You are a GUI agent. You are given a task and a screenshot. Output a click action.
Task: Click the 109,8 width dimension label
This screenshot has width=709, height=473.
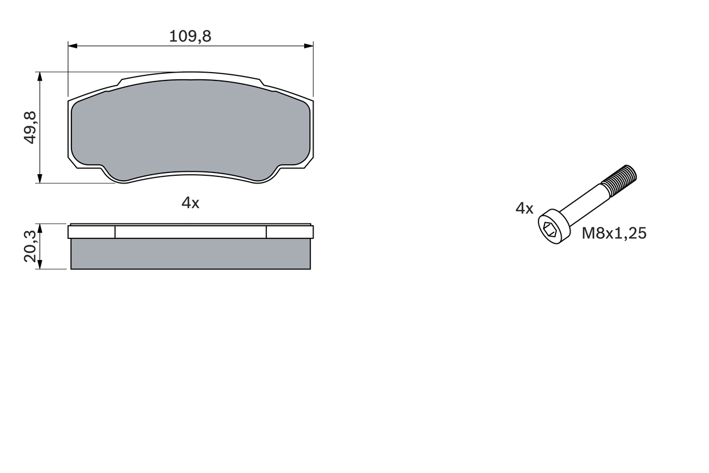point(190,37)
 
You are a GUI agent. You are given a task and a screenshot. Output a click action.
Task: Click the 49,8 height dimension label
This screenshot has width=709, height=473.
point(29,128)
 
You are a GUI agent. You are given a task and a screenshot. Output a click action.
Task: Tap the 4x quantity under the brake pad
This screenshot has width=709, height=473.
point(190,203)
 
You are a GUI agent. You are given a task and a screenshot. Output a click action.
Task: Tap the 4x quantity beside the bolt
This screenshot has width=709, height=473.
point(524,208)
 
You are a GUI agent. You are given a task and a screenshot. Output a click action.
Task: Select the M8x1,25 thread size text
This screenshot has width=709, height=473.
point(614,233)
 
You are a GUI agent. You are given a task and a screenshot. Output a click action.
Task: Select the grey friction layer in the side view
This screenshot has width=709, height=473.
point(190,254)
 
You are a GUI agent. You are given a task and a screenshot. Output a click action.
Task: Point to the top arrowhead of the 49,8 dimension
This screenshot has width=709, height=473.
point(39,76)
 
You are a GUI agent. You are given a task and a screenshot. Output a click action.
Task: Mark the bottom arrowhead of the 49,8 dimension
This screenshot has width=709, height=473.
point(39,179)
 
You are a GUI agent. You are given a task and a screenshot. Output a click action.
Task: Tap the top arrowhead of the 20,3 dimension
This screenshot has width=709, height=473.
point(39,228)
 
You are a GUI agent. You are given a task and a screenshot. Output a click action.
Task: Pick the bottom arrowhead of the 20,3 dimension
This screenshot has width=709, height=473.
point(39,265)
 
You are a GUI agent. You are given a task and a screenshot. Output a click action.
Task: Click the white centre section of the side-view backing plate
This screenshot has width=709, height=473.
point(190,232)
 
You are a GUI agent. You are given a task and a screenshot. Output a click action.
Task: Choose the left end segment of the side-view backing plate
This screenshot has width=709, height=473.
point(91,232)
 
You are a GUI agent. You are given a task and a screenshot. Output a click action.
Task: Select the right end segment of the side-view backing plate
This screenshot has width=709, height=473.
point(290,232)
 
